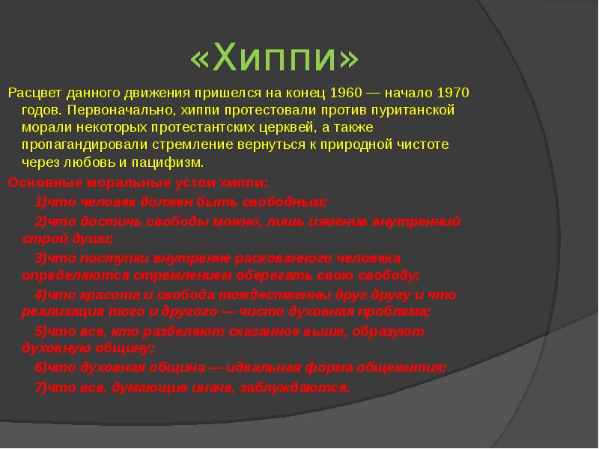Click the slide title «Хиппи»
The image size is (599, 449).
(x=276, y=59)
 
